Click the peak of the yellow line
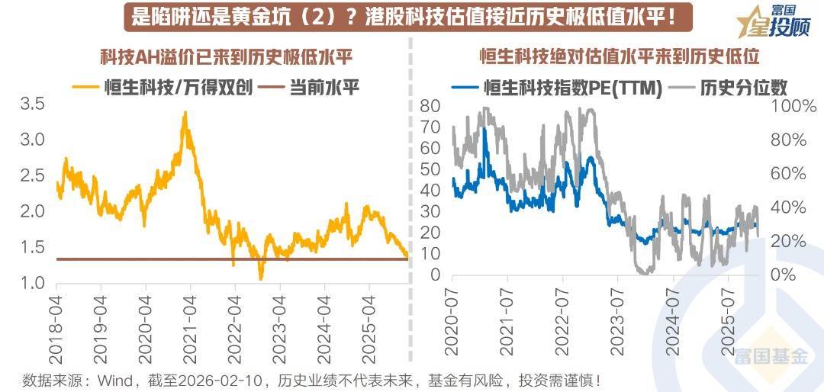coord(185,113)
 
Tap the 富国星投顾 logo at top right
coord(774,24)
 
